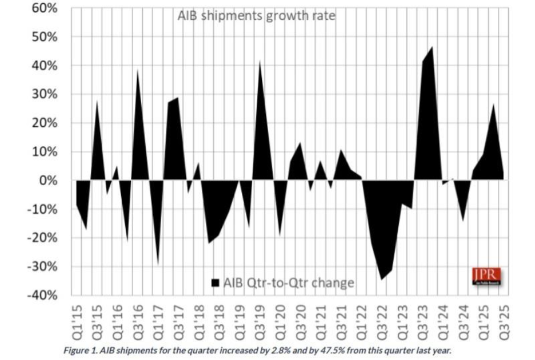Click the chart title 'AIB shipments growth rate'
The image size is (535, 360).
[257, 16]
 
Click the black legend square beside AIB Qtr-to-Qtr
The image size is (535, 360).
[215, 283]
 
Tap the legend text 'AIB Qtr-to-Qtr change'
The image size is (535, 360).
[289, 283]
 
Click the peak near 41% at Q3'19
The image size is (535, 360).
[260, 61]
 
